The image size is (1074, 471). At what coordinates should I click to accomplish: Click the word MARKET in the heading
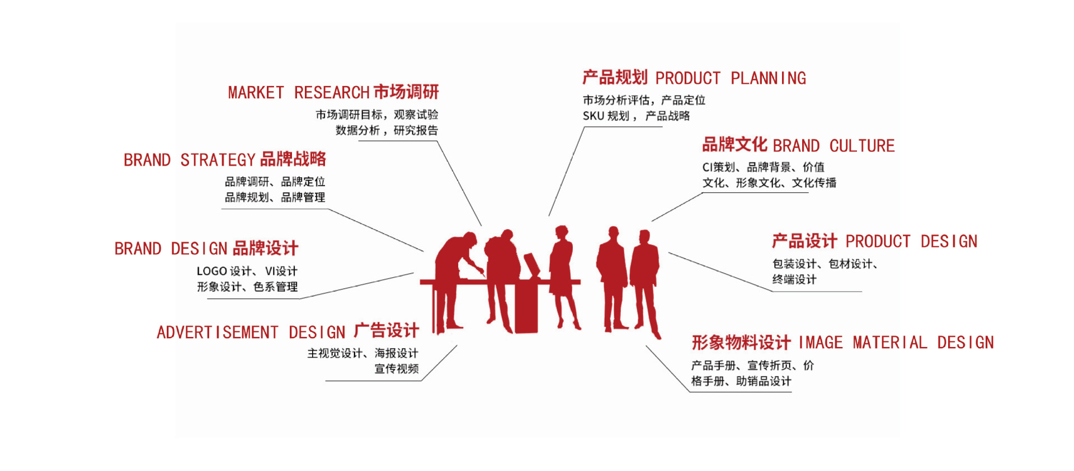pyautogui.click(x=256, y=93)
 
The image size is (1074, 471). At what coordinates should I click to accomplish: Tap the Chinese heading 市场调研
pyautogui.click(x=406, y=92)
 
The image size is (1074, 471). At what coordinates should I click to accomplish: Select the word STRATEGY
pyautogui.click(x=218, y=160)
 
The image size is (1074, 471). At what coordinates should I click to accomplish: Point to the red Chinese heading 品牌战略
pyautogui.click(x=293, y=159)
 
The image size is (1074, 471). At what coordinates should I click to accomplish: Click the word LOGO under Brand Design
pyautogui.click(x=211, y=272)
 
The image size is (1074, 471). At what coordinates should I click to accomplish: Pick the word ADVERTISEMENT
pyautogui.click(x=218, y=333)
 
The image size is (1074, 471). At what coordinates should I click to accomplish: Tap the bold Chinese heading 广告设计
pyautogui.click(x=387, y=331)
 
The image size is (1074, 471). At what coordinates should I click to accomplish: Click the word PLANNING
pyautogui.click(x=768, y=79)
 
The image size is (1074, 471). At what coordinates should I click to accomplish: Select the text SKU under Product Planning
pyautogui.click(x=593, y=116)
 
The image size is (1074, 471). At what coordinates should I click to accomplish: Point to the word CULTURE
pyautogui.click(x=861, y=146)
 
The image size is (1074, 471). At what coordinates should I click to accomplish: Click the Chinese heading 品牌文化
pyautogui.click(x=734, y=145)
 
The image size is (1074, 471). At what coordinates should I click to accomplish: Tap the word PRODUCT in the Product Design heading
pyautogui.click(x=878, y=242)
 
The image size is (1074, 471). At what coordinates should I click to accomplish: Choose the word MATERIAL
pyautogui.click(x=889, y=343)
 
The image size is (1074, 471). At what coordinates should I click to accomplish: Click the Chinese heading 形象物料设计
pyautogui.click(x=741, y=342)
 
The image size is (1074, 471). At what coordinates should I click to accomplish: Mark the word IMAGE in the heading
pyautogui.click(x=820, y=343)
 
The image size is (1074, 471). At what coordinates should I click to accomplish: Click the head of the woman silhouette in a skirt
pyautogui.click(x=562, y=232)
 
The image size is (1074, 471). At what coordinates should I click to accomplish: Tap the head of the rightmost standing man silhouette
pyautogui.click(x=645, y=237)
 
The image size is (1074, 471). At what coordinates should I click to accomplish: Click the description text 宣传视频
pyautogui.click(x=397, y=369)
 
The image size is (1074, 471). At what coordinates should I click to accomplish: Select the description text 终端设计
pyautogui.click(x=794, y=280)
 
